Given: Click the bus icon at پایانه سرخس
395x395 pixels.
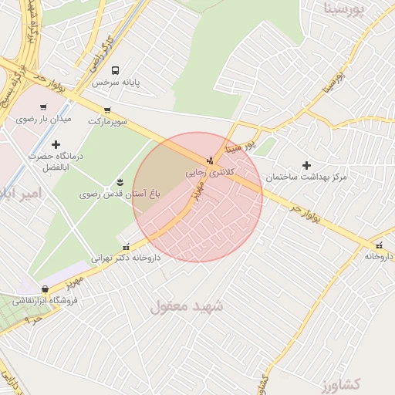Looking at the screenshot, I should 116,70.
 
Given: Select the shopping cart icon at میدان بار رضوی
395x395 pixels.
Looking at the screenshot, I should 43,107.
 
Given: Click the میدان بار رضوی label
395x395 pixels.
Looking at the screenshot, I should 44,120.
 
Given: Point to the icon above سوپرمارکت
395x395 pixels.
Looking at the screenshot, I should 106,110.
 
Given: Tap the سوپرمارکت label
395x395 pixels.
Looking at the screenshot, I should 107,122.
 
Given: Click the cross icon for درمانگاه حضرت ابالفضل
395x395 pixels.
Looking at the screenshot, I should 56,144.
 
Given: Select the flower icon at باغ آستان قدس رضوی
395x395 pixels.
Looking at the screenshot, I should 120,182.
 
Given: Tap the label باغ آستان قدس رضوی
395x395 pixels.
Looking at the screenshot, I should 120,194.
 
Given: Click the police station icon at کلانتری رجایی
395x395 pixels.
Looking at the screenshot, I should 211,160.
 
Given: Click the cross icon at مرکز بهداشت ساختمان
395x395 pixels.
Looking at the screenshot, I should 307,165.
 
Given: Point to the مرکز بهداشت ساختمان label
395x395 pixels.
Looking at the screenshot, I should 306,177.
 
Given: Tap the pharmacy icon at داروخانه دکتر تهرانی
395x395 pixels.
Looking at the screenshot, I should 127,247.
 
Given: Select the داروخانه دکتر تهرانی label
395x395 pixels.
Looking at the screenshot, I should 126,258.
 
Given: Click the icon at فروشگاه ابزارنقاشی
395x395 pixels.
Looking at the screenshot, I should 46,289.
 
